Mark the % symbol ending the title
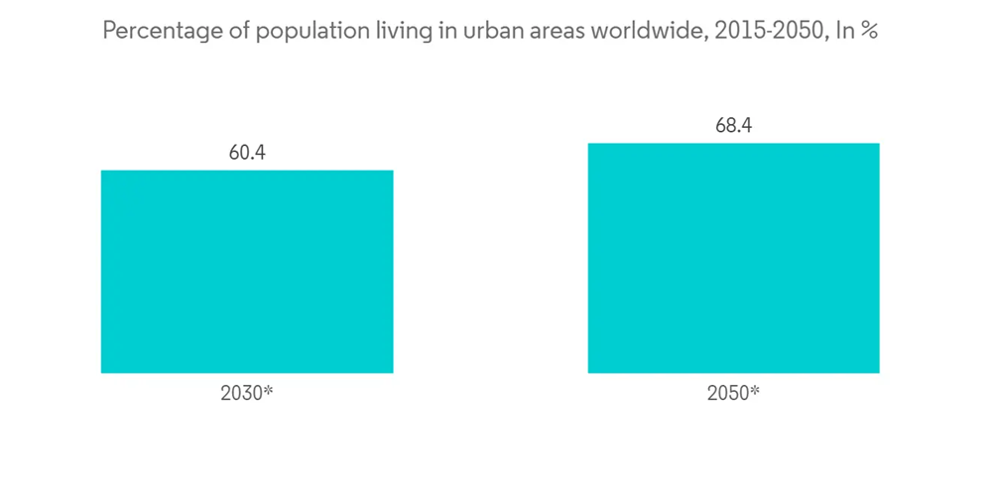869,31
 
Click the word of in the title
232,31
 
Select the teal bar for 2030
247,272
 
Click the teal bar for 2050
733,258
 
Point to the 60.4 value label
247,154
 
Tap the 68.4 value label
733,127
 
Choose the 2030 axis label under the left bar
240,393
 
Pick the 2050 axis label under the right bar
727,393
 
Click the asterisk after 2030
268,390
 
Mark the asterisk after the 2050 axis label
755,390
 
